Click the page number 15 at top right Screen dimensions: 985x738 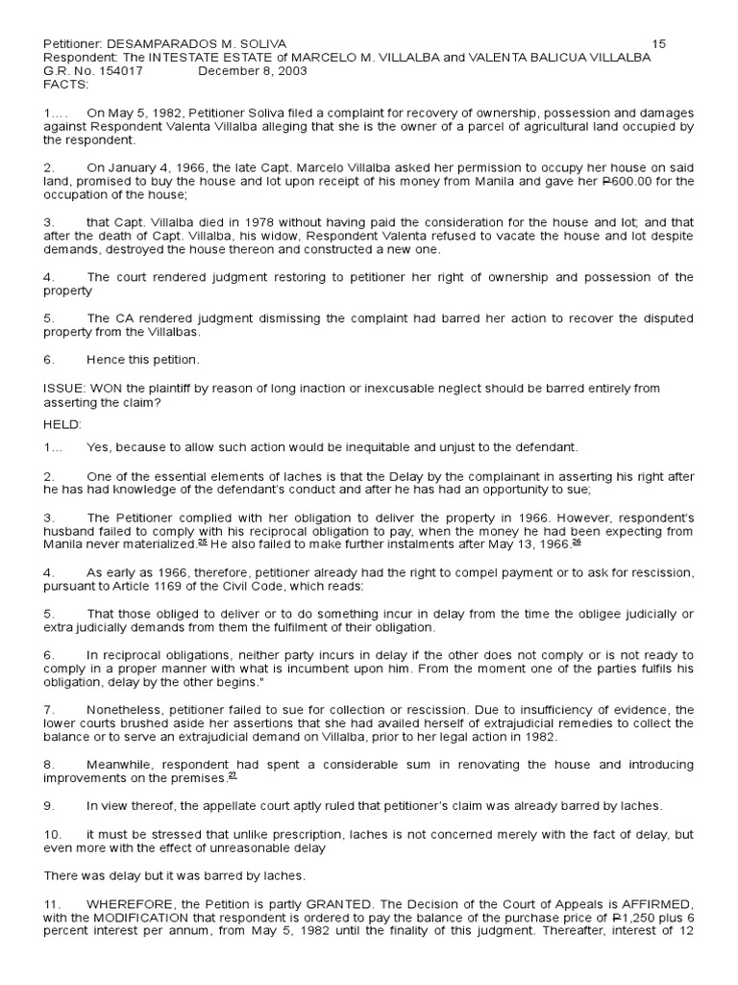658,44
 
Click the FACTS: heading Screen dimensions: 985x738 65,84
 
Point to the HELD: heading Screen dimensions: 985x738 63,423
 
